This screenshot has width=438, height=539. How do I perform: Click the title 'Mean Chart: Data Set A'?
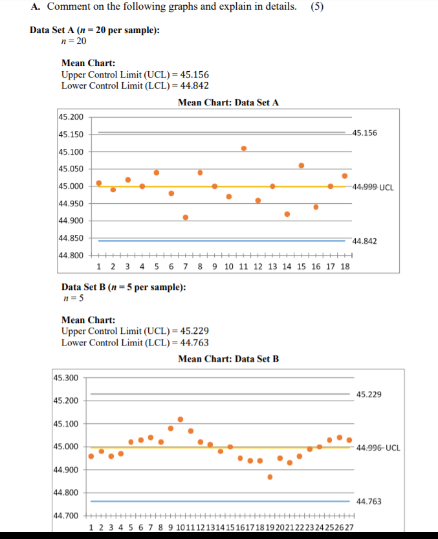pos(228,102)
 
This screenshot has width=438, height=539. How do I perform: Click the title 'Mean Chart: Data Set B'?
pos(228,358)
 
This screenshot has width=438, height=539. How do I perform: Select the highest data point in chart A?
pos(244,148)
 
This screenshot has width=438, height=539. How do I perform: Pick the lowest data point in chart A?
pos(186,217)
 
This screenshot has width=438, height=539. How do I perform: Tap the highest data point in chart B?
pos(181,419)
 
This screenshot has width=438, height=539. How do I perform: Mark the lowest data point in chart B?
pos(270,477)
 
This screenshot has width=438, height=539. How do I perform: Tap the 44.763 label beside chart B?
pos(369,501)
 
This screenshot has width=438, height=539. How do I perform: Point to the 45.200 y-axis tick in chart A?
pos(71,117)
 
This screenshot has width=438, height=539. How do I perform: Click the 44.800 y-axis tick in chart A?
pos(71,255)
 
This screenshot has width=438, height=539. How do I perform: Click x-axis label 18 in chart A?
pos(345,267)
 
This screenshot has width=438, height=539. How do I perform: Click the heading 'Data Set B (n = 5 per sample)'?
pos(123,287)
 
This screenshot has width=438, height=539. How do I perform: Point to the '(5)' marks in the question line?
pos(318,7)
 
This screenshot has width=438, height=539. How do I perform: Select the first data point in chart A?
pos(99,183)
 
